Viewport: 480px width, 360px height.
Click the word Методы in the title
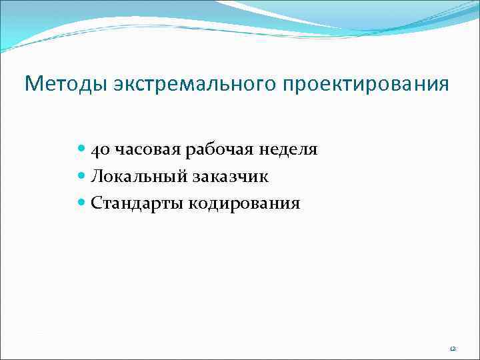tap(65, 85)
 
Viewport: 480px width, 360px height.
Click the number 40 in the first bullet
tap(101, 150)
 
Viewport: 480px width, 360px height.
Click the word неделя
tap(287, 150)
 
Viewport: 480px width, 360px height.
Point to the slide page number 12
tap(452, 349)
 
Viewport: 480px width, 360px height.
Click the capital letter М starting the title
tap(32, 85)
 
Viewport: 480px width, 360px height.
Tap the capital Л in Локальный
tap(97, 177)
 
